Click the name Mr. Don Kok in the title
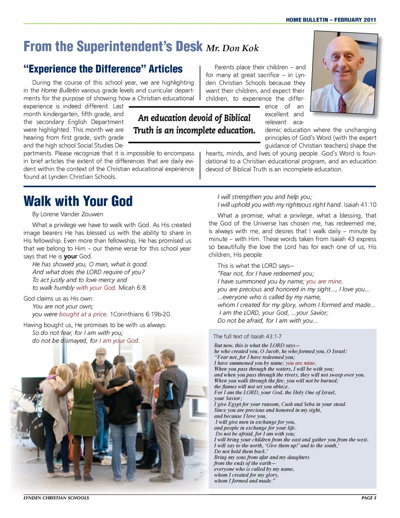tap(232, 48)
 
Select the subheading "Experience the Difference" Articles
tap(103, 69)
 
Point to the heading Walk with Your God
tap(78, 201)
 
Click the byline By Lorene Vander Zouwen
tap(67, 214)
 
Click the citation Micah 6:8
tap(132, 288)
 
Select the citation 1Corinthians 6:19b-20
tap(140, 314)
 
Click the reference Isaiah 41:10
tap(360, 205)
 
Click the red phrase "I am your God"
tap(119, 340)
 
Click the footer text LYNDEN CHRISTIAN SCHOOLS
tap(56, 498)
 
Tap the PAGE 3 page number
tap(368, 498)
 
